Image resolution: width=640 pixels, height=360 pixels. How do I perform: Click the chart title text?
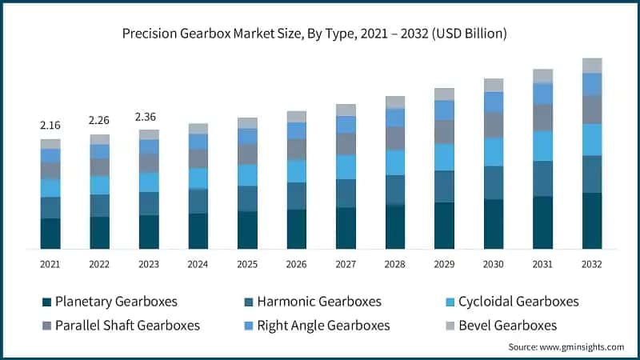click(320, 34)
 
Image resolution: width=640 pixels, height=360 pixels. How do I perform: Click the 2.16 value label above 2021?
click(50, 126)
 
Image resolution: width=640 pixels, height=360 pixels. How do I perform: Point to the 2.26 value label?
click(99, 121)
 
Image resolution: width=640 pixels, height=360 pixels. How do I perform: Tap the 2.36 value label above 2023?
click(149, 117)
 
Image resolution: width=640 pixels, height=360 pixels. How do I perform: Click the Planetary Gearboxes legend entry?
click(110, 302)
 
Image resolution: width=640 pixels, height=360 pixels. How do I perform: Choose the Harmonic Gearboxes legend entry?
click(313, 302)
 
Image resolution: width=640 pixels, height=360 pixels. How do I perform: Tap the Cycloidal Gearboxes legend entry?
click(512, 302)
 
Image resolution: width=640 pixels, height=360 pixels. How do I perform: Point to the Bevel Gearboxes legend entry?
click(501, 325)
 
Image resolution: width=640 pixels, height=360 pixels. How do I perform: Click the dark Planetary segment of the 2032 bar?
click(592, 221)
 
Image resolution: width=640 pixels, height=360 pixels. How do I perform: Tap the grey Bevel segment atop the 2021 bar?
click(50, 144)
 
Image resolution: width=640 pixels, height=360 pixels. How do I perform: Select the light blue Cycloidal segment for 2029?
click(444, 157)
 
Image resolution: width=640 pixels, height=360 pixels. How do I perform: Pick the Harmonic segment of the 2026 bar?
click(296, 196)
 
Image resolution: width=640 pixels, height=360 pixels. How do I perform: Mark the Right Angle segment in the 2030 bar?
click(494, 102)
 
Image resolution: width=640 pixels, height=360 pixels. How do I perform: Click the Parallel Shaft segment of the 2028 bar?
click(395, 138)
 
